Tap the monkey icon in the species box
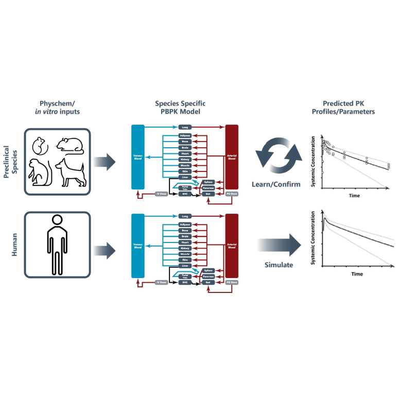click(39, 172)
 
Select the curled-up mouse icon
click(39, 146)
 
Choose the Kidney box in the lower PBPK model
click(185, 248)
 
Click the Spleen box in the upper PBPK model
click(208, 182)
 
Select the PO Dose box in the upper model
click(231, 194)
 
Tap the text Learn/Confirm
click(279, 184)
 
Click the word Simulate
click(279, 265)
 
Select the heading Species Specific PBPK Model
click(185, 107)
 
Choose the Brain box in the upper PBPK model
click(185, 147)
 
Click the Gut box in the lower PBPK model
click(208, 283)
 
